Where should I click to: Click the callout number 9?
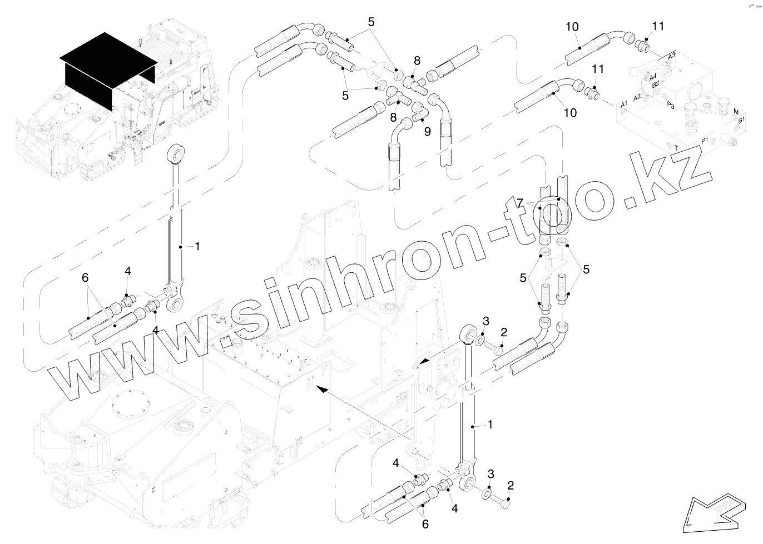[x=427, y=131]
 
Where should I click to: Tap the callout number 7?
[x=520, y=203]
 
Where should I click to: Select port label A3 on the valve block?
[x=671, y=56]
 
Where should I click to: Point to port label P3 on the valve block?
[x=671, y=104]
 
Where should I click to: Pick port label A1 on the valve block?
[x=624, y=104]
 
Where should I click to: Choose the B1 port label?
[x=741, y=119]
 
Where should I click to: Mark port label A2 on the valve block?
[x=637, y=97]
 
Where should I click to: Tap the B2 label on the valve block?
[x=656, y=83]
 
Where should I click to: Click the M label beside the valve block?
[x=736, y=112]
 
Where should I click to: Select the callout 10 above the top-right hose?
[x=572, y=26]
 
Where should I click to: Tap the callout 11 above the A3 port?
[x=658, y=26]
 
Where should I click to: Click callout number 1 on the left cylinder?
[x=196, y=246]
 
